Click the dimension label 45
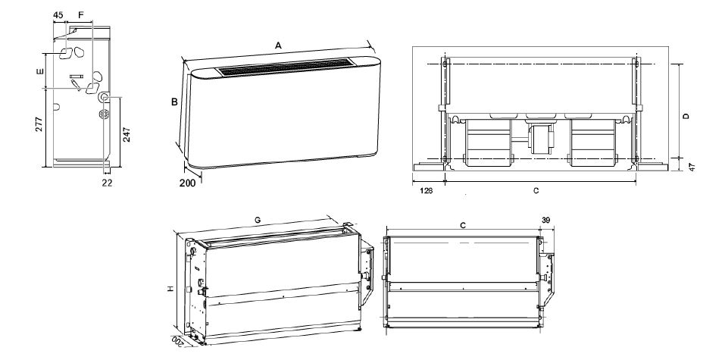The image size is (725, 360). tap(58, 15)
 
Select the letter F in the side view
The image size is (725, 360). tap(81, 15)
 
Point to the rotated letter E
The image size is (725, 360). tap(40, 71)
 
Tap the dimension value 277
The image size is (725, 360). tap(39, 124)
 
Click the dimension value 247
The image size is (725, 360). tap(127, 135)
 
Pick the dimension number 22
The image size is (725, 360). tap(107, 183)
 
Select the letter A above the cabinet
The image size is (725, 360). tap(278, 45)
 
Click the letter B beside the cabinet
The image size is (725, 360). tap(175, 102)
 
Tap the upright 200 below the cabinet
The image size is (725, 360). tap(187, 183)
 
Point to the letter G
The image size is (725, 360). tap(258, 221)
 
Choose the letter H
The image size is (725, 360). tap(170, 289)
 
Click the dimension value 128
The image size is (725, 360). tap(426, 190)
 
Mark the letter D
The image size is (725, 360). tap(686, 116)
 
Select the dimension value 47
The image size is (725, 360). tap(692, 167)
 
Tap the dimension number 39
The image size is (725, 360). tap(546, 221)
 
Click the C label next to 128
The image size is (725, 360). tap(536, 190)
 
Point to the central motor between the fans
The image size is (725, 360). tap(540, 137)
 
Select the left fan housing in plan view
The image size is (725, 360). tap(489, 142)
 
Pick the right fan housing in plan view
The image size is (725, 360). tap(592, 142)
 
